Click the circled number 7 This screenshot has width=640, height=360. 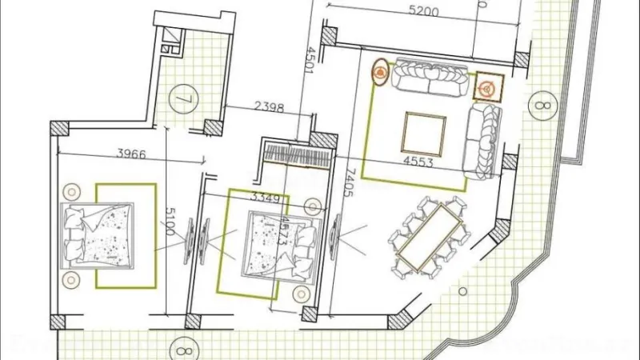[183, 102]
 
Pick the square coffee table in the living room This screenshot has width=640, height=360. [424, 134]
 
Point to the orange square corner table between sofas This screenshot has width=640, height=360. [486, 86]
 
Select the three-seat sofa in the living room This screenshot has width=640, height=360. [431, 79]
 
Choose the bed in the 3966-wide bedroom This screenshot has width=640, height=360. [98, 235]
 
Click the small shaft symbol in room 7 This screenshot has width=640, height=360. [170, 39]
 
